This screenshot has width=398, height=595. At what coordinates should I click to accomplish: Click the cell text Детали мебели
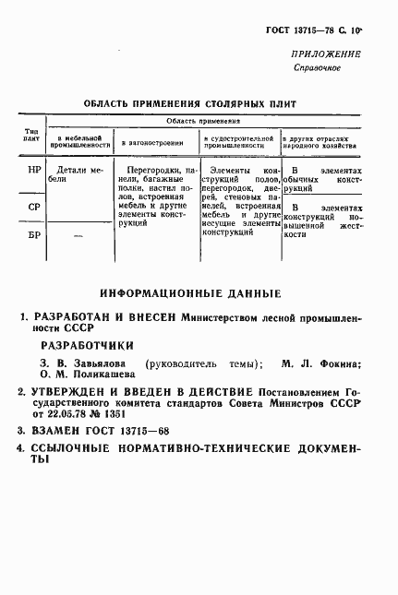77,174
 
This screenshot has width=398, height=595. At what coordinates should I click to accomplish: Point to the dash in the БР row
77,237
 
